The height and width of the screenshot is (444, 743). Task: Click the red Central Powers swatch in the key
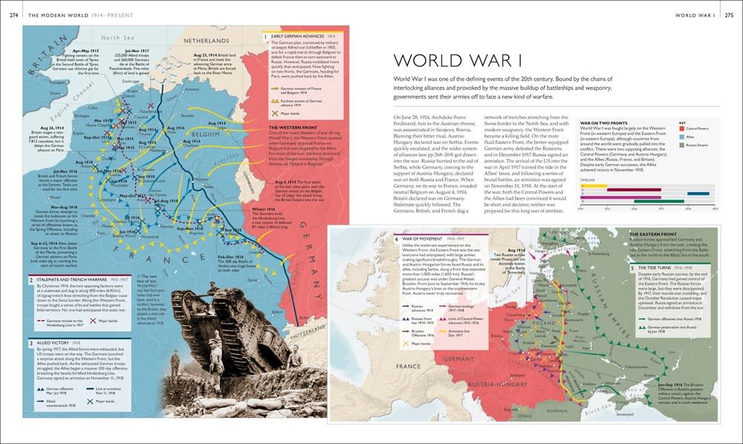coord(683,128)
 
